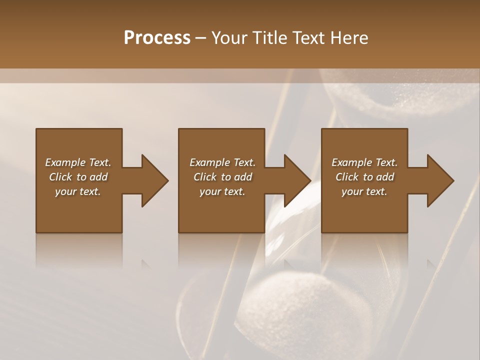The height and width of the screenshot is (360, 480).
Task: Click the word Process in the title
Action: click(x=157, y=38)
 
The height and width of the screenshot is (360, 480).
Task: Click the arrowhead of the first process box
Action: click(x=154, y=180)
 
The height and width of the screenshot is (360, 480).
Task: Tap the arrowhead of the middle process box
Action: click(x=297, y=180)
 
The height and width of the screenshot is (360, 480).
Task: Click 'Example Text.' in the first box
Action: click(x=78, y=162)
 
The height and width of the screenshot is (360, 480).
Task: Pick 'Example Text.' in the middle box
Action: click(x=222, y=162)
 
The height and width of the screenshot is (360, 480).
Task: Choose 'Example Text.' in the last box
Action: click(x=364, y=162)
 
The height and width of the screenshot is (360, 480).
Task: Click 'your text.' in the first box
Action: click(x=78, y=191)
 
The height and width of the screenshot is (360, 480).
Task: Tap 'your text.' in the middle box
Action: click(x=222, y=191)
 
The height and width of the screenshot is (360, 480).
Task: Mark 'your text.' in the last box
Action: click(x=364, y=191)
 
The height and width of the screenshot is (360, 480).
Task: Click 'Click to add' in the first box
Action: click(x=78, y=177)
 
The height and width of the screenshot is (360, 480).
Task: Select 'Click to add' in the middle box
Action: click(x=222, y=177)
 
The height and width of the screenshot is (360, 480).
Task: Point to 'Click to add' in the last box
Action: click(x=364, y=177)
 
